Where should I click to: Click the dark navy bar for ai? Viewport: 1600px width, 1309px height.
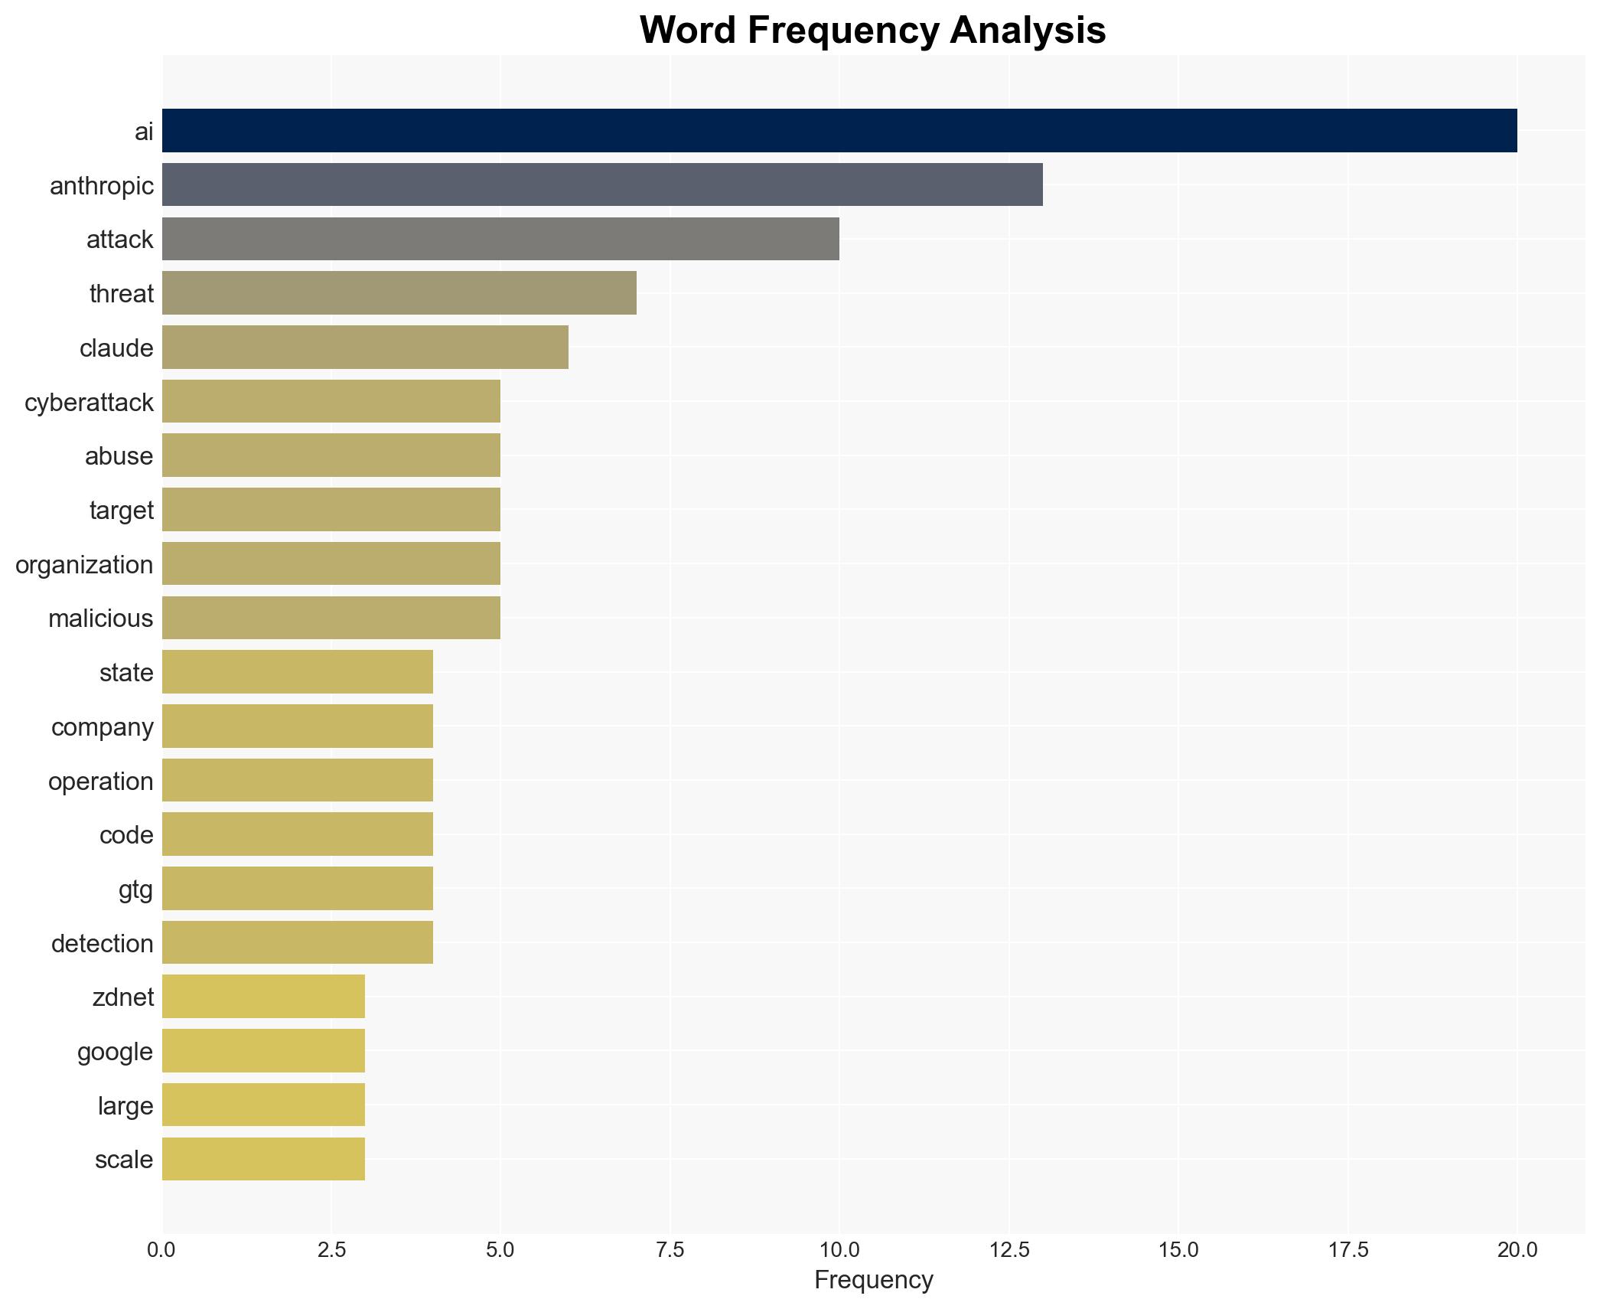pos(839,131)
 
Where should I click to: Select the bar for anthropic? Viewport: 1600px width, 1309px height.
pos(602,184)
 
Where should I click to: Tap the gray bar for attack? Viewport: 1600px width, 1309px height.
pos(500,239)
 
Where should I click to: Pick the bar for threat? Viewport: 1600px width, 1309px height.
pos(399,293)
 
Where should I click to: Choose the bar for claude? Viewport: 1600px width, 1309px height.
pos(365,348)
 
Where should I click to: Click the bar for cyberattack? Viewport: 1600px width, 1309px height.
pos(331,401)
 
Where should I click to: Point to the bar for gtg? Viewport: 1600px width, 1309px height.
pos(298,888)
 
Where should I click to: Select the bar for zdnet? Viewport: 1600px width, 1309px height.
pos(263,997)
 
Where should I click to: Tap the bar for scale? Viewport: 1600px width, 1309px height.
pos(263,1159)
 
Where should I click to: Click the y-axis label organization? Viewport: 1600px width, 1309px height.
pos(84,565)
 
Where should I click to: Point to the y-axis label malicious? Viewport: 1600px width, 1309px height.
pos(100,619)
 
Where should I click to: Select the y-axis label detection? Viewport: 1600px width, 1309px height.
pos(102,943)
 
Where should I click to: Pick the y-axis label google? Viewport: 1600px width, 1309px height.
pos(115,1052)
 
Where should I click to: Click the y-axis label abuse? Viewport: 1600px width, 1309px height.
pos(119,456)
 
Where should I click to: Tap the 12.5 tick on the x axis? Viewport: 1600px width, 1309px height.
pos(1009,1250)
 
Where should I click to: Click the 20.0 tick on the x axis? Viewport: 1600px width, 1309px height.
pos(1517,1250)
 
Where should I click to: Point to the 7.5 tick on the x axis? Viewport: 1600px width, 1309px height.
pos(670,1250)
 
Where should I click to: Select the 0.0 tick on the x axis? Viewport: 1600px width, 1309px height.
pos(161,1250)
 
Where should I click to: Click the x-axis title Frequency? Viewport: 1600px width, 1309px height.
pos(873,1280)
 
